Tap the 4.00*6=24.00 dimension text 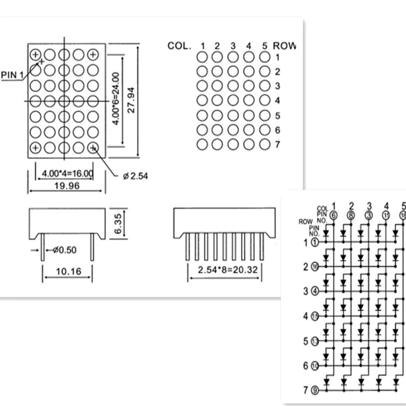(x=115, y=99)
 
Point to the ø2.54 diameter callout (x=135, y=176)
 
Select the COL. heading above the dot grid (x=180, y=46)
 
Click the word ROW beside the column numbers (x=284, y=46)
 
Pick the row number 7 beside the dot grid (x=277, y=144)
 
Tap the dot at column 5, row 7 (x=265, y=144)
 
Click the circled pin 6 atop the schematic (x=333, y=216)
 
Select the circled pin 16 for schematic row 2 (x=315, y=267)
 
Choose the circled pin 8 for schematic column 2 (x=351, y=216)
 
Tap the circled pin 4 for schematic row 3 (x=315, y=291)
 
